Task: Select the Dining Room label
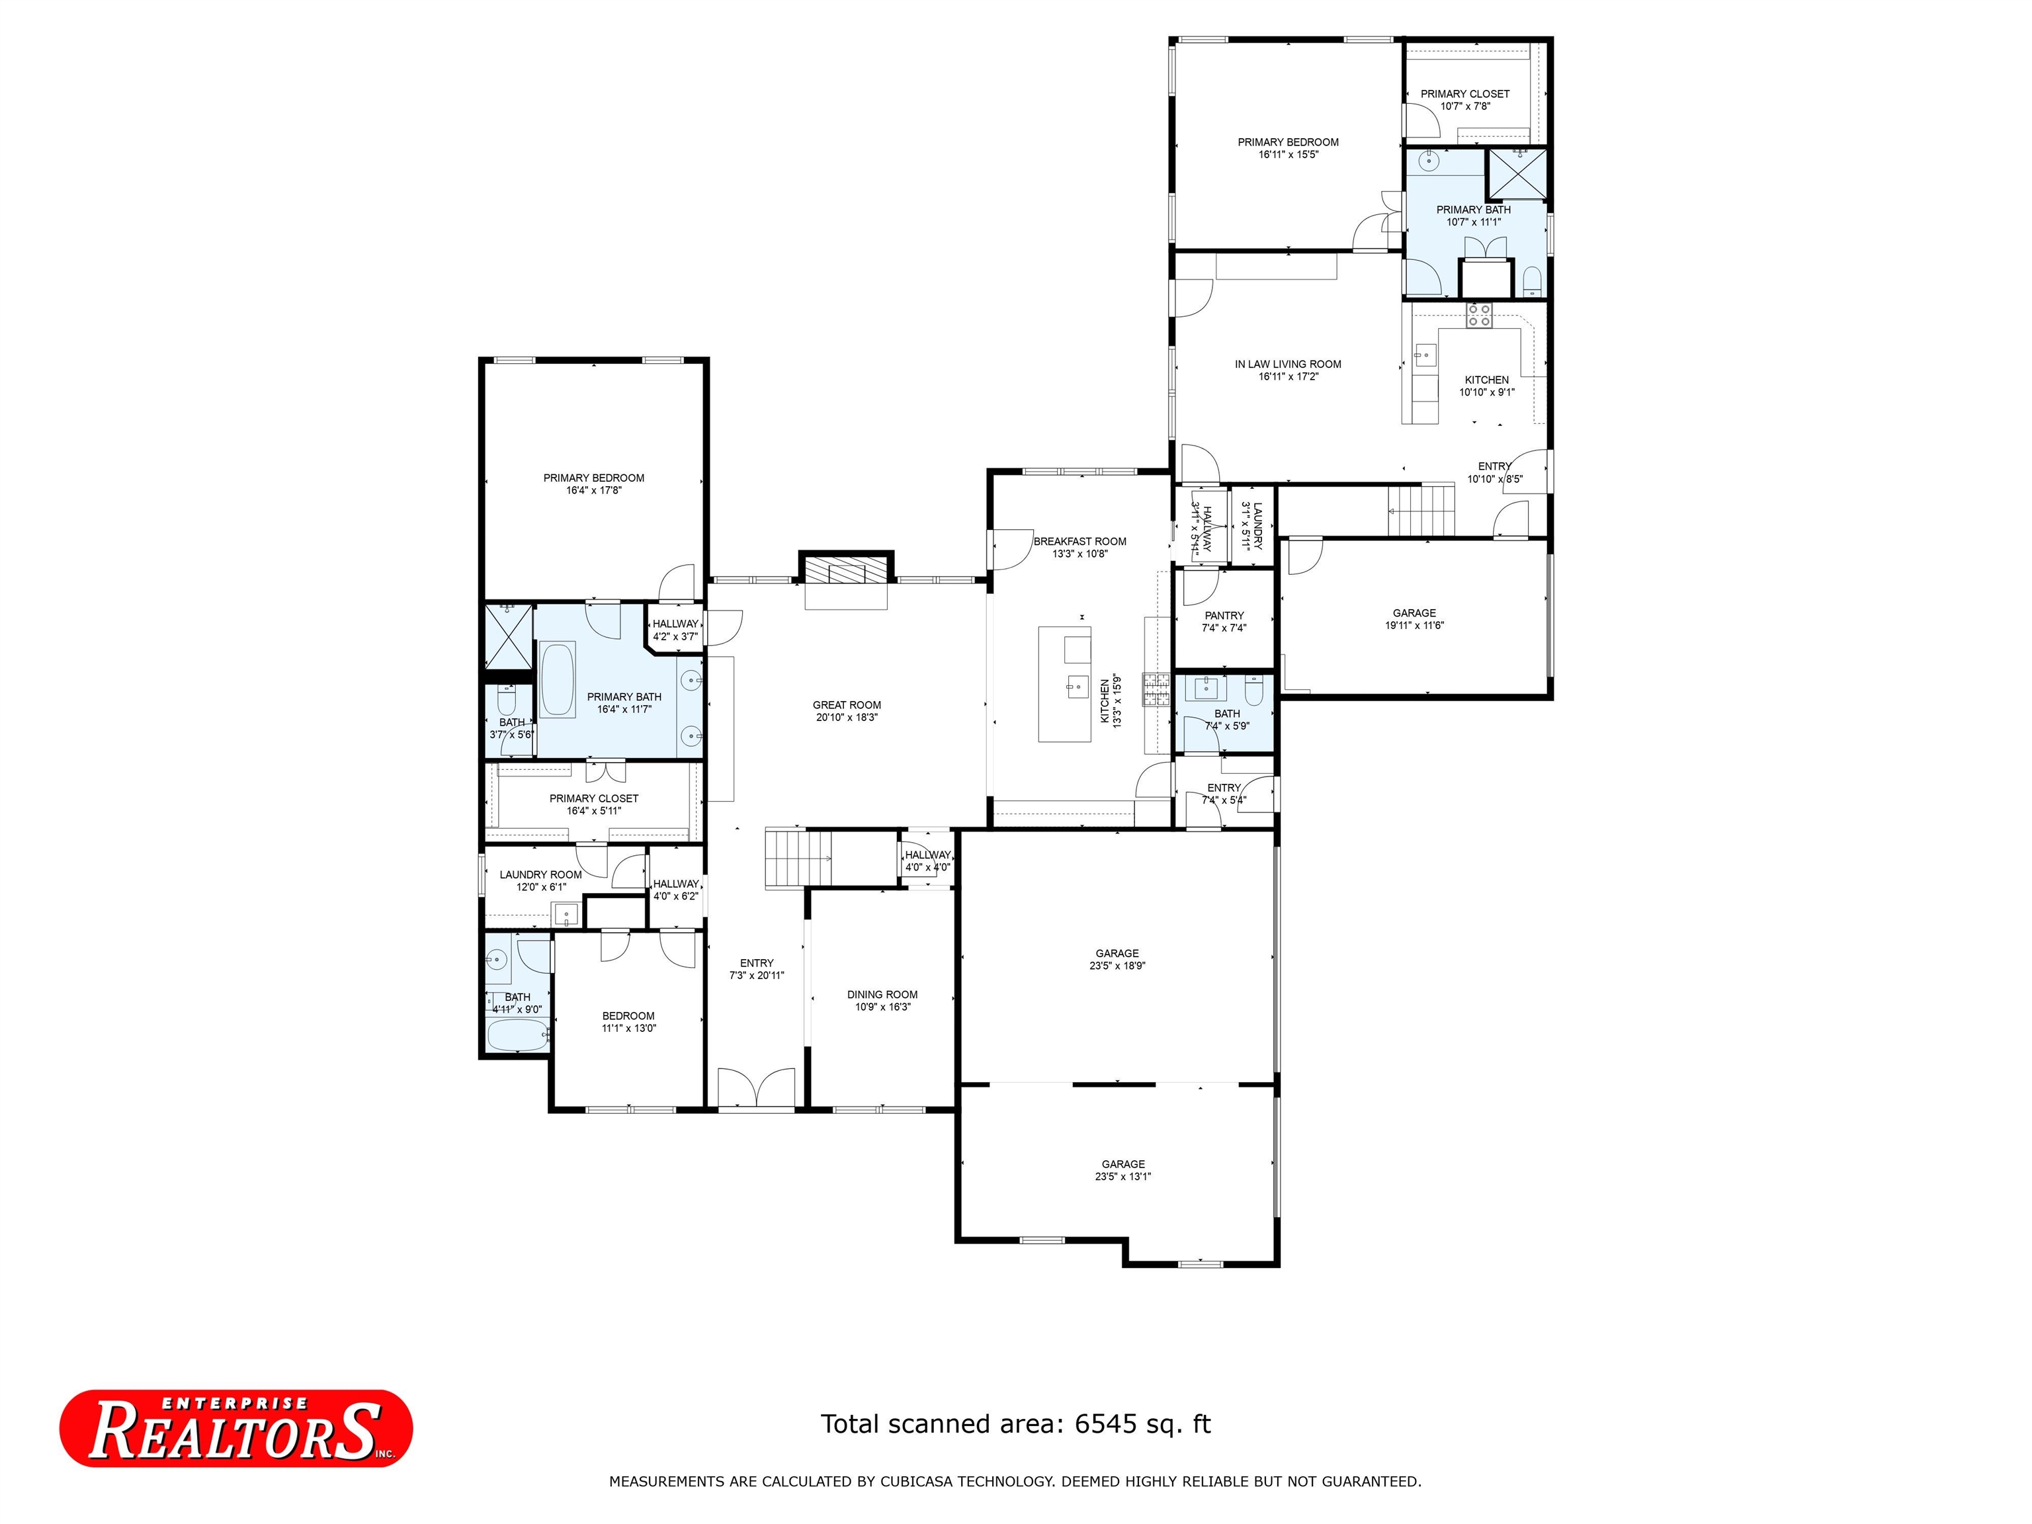tap(882, 995)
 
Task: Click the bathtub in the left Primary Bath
tap(558, 681)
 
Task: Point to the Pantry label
tap(1224, 615)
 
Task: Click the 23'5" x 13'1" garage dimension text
tap(1122, 1177)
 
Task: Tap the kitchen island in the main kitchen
tap(1065, 683)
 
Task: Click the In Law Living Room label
tap(1288, 364)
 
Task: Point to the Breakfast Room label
tap(1079, 542)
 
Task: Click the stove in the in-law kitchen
tap(1479, 315)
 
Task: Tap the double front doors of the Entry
tap(756, 1087)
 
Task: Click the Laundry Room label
tap(540, 874)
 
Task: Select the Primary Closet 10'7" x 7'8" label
tap(1465, 100)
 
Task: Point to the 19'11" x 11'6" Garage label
tap(1414, 619)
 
